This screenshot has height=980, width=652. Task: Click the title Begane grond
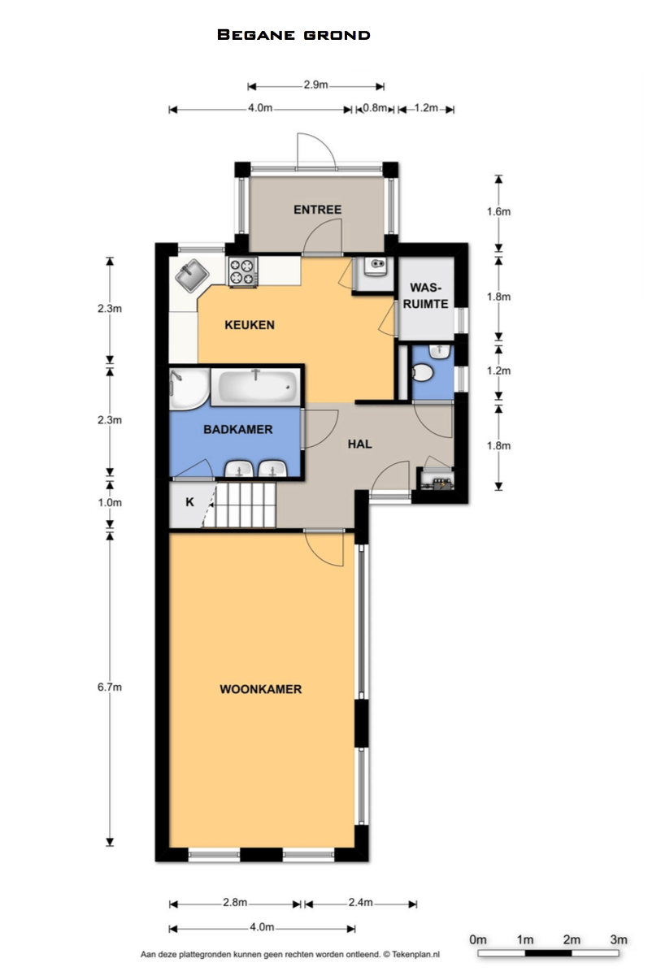tap(293, 35)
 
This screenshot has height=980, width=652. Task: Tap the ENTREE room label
tap(317, 210)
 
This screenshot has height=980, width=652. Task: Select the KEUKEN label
tap(250, 325)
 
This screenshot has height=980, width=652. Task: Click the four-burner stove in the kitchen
tap(242, 271)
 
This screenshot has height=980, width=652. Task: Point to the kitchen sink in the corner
tap(192, 275)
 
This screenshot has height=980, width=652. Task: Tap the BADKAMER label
tap(238, 430)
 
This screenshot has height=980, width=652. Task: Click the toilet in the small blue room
tap(422, 373)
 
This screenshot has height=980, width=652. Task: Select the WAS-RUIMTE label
tap(425, 296)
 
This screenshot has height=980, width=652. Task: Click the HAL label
tap(359, 444)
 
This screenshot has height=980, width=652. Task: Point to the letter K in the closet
tap(189, 502)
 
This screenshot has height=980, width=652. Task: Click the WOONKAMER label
tap(261, 690)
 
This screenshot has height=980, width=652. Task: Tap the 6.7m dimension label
tap(110, 687)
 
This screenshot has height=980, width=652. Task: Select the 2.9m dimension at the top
tap(316, 85)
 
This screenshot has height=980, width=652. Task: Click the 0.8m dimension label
tap(375, 107)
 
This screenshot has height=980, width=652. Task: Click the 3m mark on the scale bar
tap(619, 939)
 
